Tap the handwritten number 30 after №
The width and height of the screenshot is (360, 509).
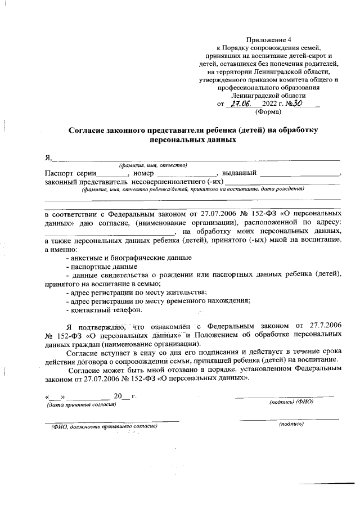[x=299, y=103]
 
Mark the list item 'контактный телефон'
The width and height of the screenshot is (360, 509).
[x=104, y=310]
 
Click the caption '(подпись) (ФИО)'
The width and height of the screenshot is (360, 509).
[x=291, y=402]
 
